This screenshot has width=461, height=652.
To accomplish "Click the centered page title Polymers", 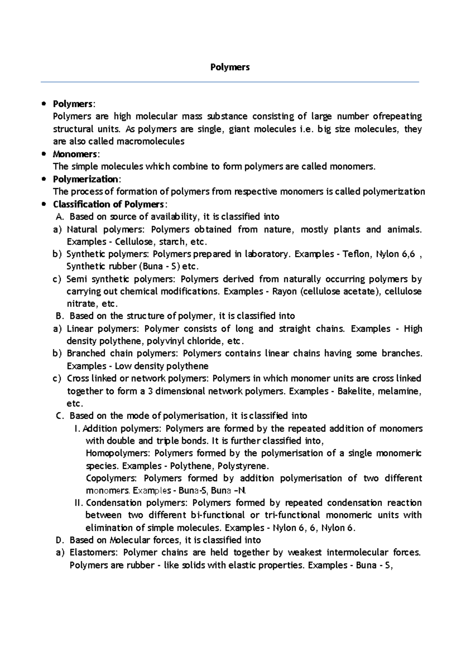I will tap(230, 67).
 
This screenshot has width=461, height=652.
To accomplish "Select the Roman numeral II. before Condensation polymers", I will tap(78, 503).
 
